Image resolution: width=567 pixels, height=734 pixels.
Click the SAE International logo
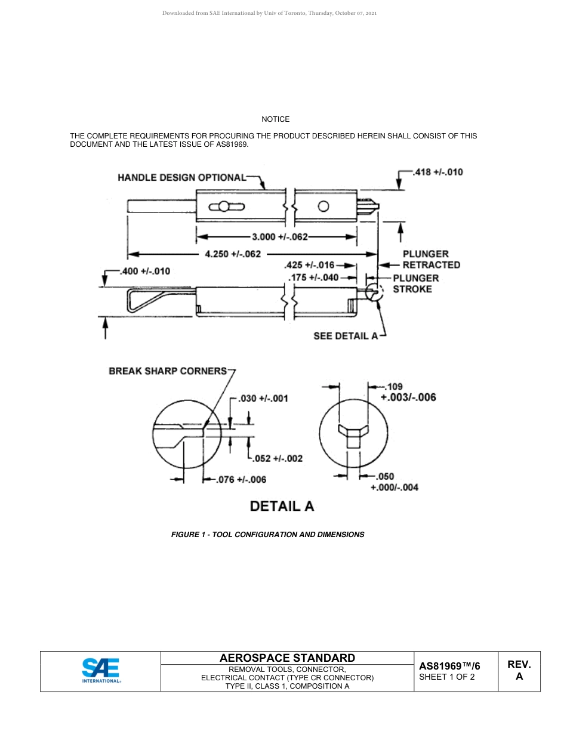pos(101,671)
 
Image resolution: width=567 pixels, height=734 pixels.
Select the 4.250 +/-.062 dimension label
pos(233,254)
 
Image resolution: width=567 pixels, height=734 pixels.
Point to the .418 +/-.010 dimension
pos(438,172)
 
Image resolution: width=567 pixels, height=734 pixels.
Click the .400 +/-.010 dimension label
pos(145,271)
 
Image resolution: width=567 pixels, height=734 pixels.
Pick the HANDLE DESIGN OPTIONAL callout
pos(181,177)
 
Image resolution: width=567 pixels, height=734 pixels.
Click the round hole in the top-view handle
pos(323,206)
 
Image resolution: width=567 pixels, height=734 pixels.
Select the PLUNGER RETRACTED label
pos(431,260)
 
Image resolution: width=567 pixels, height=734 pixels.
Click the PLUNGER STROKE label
pos(415,283)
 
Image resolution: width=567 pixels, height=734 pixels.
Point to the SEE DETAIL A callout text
pos(346,336)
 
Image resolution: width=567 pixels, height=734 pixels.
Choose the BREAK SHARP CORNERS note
pos(168,371)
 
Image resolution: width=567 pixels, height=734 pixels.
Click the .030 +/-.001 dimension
pos(263,399)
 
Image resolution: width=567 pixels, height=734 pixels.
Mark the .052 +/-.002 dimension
pos(278,458)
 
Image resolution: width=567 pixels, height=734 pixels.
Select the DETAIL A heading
pos(282,506)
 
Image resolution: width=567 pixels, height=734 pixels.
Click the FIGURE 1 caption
pos(267,534)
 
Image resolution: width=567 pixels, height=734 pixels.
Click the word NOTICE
pos(275,119)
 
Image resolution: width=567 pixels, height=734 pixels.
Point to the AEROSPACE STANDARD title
pos(287,658)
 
